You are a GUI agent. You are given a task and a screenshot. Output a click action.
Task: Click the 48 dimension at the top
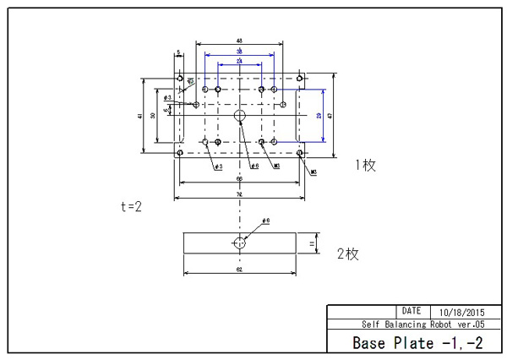pos(239,41)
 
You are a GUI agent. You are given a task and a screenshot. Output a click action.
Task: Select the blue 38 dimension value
pos(239,52)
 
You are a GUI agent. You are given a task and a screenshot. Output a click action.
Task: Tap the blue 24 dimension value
pos(239,63)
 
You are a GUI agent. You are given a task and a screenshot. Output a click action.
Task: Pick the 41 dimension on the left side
pos(139,116)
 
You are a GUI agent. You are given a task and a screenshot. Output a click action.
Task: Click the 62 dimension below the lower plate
pos(239,270)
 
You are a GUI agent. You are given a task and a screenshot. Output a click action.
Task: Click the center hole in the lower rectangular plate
pos(239,243)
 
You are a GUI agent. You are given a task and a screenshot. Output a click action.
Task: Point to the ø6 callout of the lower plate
pos(265,221)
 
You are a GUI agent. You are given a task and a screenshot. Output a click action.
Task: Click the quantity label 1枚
pos(365,166)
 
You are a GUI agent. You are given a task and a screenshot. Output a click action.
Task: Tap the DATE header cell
pos(412,311)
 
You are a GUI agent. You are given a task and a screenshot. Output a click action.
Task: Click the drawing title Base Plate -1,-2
pos(417,342)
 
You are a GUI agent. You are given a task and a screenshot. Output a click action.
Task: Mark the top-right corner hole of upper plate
pos(300,78)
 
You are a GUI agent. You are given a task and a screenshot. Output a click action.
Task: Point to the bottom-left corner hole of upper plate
pos(180,153)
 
